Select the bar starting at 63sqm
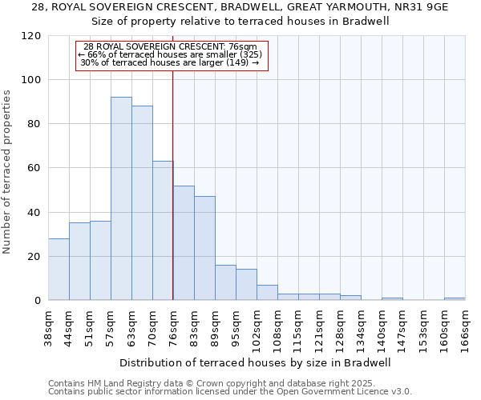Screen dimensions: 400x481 (142, 203)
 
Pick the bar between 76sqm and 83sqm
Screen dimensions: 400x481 (184, 243)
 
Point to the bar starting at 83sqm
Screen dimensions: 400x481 (204, 248)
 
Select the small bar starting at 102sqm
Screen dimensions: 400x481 (267, 293)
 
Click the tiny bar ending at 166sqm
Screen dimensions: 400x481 (455, 298)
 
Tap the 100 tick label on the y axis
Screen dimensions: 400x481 (31, 80)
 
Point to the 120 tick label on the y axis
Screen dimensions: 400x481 (31, 36)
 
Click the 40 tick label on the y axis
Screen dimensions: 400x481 (34, 213)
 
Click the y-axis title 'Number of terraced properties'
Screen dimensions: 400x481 (7, 171)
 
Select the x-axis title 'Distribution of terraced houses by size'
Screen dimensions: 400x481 (257, 362)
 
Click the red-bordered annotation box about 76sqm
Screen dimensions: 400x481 (172, 55)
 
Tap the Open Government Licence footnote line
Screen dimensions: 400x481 (230, 391)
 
